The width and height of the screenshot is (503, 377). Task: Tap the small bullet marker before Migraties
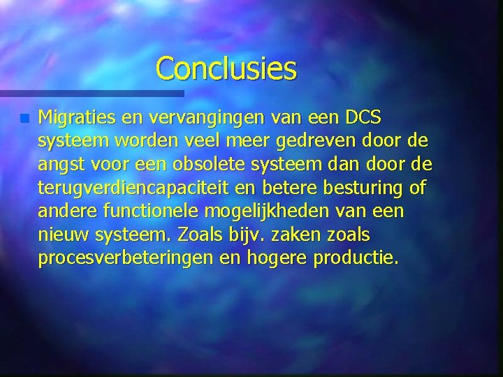tap(25, 119)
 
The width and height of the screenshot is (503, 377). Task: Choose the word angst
tap(61, 165)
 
